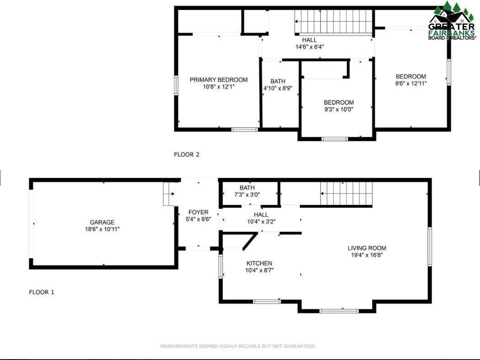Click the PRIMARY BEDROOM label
coord(219,80)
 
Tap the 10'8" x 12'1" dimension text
coord(219,87)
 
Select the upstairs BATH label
coord(278,81)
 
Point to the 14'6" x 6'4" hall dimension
coord(309,47)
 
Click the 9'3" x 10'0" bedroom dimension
coord(339,109)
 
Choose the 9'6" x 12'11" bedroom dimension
coord(411,83)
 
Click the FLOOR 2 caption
coord(187,155)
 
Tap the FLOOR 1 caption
coord(42,292)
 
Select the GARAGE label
coord(102,222)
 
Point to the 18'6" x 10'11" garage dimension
coord(102,229)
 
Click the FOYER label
coord(198,212)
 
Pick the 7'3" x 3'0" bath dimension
coord(247,194)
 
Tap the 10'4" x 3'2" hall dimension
coord(261,221)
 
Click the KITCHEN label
coord(259,263)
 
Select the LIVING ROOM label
coord(367,248)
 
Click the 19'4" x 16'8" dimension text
coord(367,255)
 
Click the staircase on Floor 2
coord(334,21)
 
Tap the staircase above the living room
coord(346,194)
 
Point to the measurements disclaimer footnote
coord(238,346)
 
